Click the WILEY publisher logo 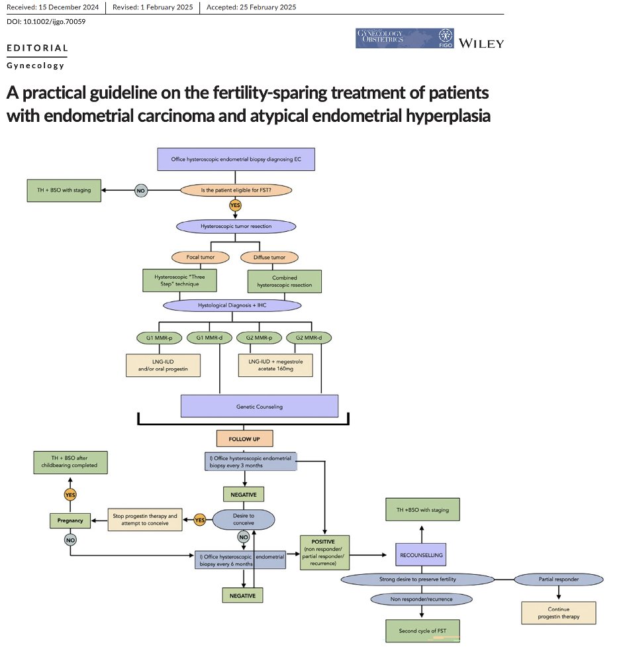click(481, 43)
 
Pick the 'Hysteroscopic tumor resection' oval click(236, 226)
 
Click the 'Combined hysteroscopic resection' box click(284, 281)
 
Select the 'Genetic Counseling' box click(260, 407)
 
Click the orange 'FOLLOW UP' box click(244, 438)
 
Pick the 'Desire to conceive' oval click(242, 519)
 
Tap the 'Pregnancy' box click(70, 521)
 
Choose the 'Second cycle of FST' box click(422, 630)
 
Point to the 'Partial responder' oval click(558, 579)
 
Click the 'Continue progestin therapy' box click(558, 613)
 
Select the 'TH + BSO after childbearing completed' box click(70, 461)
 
